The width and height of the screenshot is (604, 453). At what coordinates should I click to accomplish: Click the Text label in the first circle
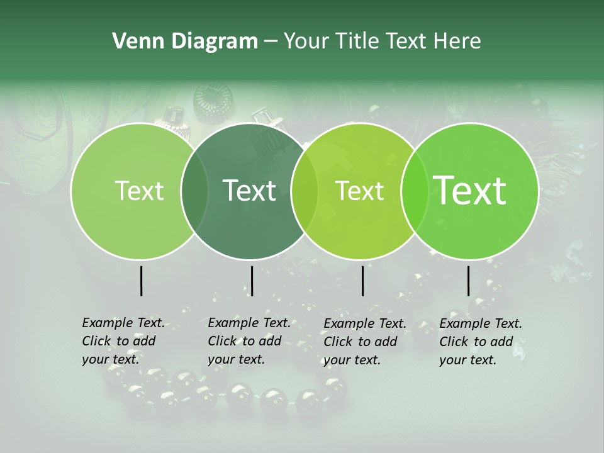click(x=139, y=191)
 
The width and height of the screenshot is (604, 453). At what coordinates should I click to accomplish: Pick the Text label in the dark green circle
click(x=250, y=191)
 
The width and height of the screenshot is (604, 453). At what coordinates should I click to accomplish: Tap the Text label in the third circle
click(x=360, y=191)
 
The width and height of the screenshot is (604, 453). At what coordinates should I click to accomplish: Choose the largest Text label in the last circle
click(x=470, y=190)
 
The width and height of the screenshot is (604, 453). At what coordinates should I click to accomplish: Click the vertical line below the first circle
click(x=141, y=281)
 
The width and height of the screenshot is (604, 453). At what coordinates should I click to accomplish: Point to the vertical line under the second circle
click(x=252, y=281)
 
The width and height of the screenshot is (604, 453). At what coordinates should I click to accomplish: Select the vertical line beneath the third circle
click(x=363, y=281)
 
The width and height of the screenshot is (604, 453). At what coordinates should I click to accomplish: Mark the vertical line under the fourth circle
click(x=468, y=281)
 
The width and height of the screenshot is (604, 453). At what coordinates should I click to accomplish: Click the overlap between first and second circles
click(x=194, y=191)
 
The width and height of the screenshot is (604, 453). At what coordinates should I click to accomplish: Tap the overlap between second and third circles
click(x=305, y=191)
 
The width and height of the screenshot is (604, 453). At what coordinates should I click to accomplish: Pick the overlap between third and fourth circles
click(x=412, y=191)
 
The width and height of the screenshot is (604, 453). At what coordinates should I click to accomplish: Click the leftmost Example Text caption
click(x=123, y=341)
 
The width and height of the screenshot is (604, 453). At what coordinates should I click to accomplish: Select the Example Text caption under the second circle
click(x=249, y=341)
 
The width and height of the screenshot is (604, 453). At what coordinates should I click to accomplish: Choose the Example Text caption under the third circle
click(x=364, y=342)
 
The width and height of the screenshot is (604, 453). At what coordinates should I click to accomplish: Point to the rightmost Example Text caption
click(x=480, y=342)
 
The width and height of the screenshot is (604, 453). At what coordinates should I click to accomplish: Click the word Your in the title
click(x=306, y=42)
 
